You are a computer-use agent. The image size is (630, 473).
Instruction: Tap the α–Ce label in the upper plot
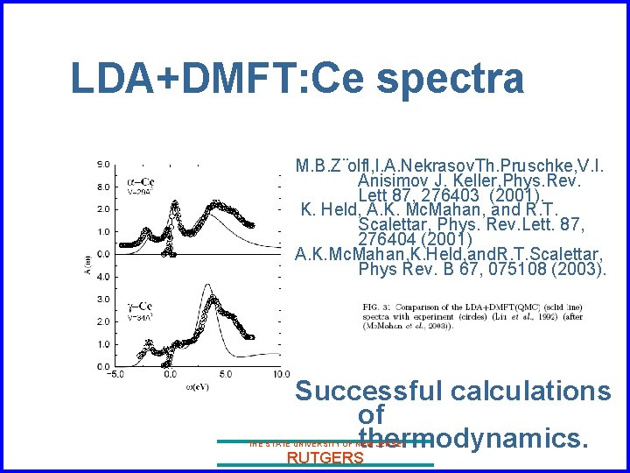click(142, 182)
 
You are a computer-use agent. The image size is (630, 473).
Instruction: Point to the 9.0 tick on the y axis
click(103, 164)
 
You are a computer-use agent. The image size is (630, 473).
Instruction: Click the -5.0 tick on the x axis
click(115, 373)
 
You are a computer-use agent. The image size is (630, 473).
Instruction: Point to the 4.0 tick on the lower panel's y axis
click(103, 277)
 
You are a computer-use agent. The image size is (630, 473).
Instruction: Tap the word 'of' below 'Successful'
click(371, 413)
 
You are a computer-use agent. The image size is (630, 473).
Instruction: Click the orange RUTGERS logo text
click(325, 458)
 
